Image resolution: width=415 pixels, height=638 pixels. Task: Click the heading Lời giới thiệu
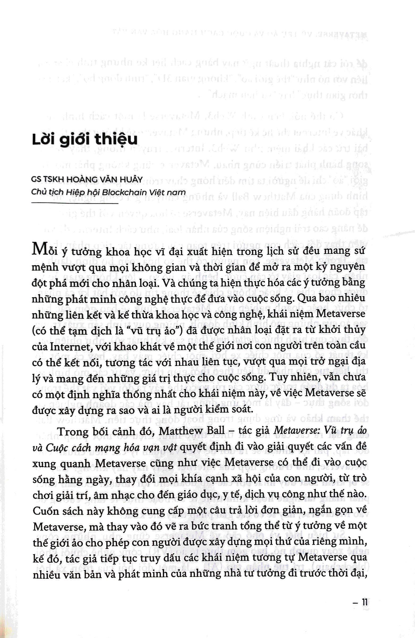(85, 140)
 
